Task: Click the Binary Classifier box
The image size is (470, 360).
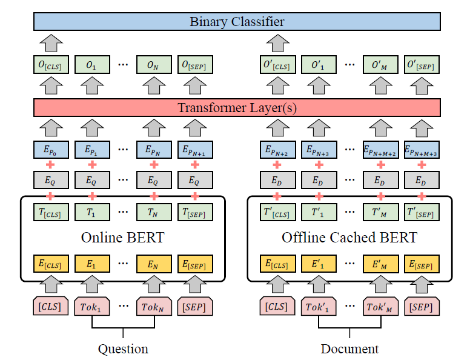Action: (x=237, y=22)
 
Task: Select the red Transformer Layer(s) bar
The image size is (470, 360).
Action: (x=237, y=108)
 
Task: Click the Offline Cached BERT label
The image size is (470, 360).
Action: (x=349, y=238)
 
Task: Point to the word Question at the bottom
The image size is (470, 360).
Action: (x=123, y=348)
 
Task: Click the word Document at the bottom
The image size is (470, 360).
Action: (x=349, y=348)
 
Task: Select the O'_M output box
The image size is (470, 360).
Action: (x=380, y=65)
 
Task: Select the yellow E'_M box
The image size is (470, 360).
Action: (x=380, y=264)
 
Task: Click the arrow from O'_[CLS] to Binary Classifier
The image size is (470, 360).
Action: (x=277, y=43)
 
